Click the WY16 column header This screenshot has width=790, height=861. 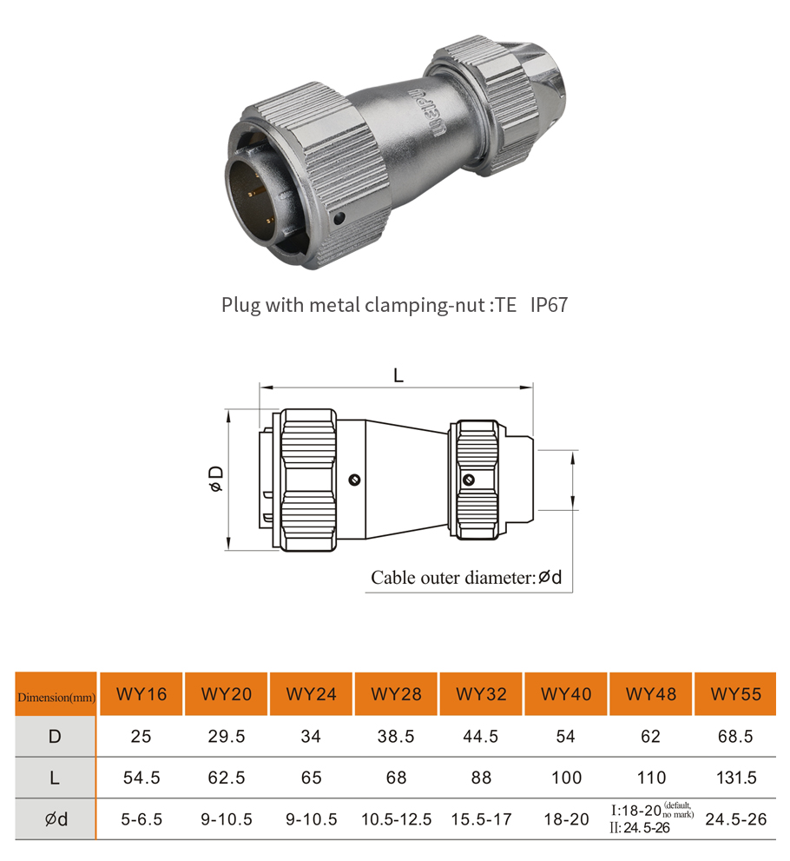click(141, 694)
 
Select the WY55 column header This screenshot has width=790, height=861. click(735, 694)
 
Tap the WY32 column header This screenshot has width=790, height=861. click(481, 694)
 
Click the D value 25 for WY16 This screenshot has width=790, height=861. click(141, 737)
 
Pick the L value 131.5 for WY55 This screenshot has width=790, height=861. click(735, 778)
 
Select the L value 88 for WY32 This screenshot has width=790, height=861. click(481, 778)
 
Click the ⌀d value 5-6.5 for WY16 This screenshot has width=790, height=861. click(141, 819)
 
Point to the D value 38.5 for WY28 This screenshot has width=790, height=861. click(396, 737)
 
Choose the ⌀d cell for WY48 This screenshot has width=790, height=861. click(651, 819)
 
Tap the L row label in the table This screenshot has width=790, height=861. click(56, 778)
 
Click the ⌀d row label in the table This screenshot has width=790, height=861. click(56, 819)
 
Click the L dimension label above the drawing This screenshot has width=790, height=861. click(398, 375)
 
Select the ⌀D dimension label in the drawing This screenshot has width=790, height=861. click(216, 479)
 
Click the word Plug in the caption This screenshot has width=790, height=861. click(240, 306)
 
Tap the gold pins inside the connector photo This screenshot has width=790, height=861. click(259, 196)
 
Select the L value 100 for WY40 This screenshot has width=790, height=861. click(566, 778)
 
